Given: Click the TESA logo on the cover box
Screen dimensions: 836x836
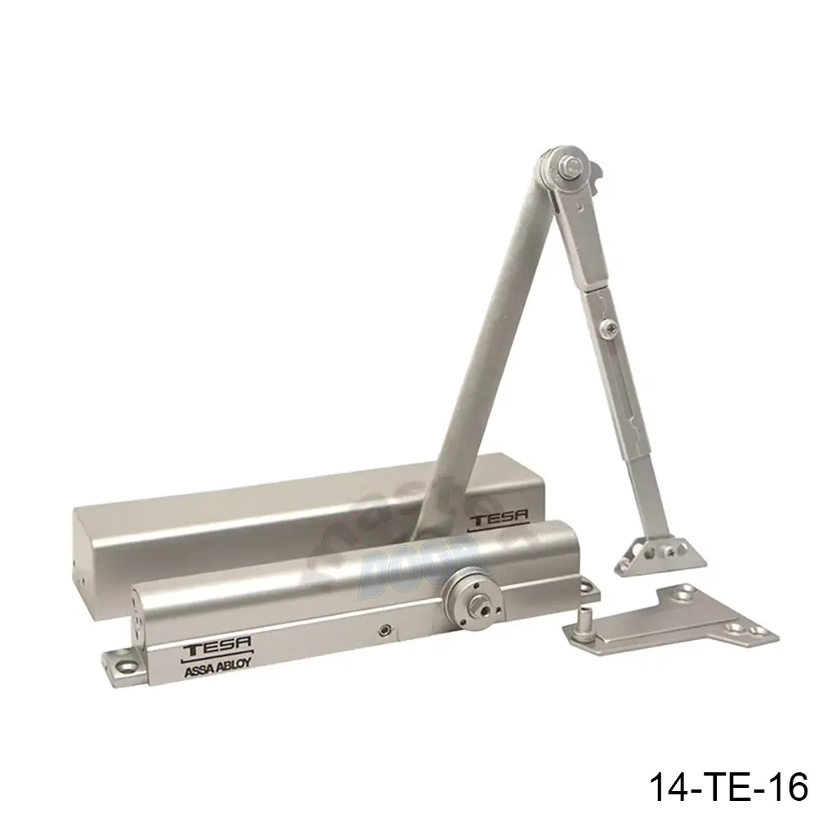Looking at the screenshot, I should tap(497, 517).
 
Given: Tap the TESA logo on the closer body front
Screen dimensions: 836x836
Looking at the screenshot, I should tap(207, 649).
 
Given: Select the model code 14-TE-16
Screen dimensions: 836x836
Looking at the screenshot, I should tap(727, 788).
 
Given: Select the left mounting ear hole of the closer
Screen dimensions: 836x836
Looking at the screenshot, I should tap(124, 666).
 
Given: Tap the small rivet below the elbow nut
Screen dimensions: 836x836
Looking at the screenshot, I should tap(579, 207).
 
